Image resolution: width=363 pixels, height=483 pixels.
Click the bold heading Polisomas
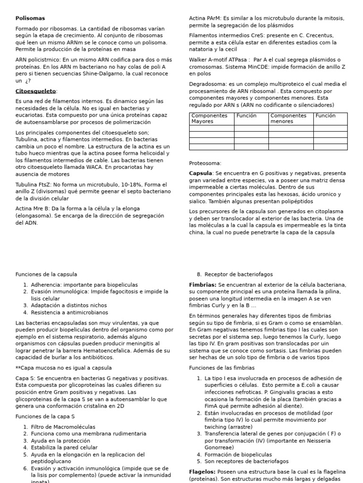click(x=30, y=18)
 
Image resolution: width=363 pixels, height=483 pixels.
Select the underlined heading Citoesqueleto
click(x=36, y=91)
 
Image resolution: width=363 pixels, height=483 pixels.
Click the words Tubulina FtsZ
click(x=35, y=184)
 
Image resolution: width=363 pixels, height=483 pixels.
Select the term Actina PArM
click(x=203, y=18)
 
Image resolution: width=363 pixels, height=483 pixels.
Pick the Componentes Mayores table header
click(x=209, y=118)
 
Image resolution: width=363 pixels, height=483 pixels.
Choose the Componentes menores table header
click(x=288, y=118)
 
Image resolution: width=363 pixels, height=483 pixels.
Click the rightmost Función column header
click(x=326, y=116)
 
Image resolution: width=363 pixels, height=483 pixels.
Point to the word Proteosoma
click(x=205, y=163)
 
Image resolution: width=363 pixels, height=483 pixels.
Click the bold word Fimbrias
click(x=202, y=285)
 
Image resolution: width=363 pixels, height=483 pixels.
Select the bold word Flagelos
click(x=202, y=472)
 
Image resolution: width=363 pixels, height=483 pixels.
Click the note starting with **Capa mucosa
click(x=63, y=368)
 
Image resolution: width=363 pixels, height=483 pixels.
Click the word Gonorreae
click(x=219, y=448)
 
